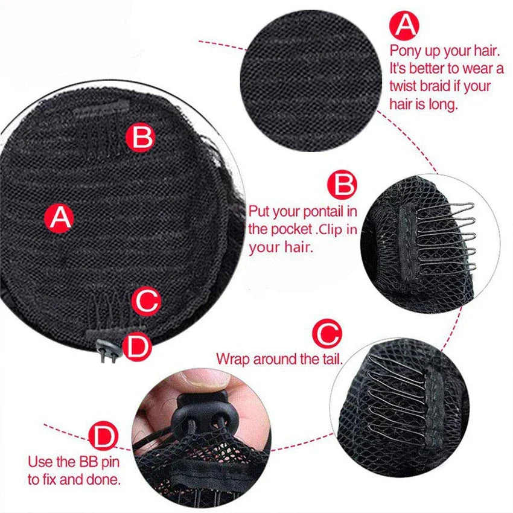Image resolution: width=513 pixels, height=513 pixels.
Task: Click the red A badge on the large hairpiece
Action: coord(59,218)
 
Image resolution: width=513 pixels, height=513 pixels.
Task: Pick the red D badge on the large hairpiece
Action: coord(138,347)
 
